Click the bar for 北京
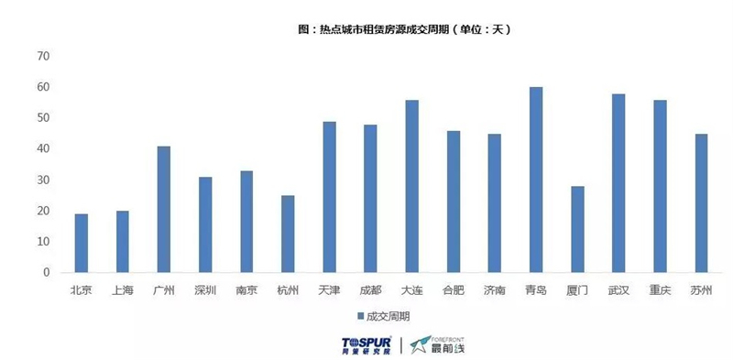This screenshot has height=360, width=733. (82, 243)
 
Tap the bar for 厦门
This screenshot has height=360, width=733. (577, 229)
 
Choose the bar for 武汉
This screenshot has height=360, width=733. (618, 183)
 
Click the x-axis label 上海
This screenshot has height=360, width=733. (123, 290)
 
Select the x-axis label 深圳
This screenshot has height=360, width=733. (205, 290)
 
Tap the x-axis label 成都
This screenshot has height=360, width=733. (370, 290)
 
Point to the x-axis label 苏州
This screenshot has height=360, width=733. (701, 290)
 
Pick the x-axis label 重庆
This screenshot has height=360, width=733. (660, 290)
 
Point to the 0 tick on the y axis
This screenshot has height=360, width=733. (45, 272)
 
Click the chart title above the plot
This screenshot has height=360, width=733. (404, 29)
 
